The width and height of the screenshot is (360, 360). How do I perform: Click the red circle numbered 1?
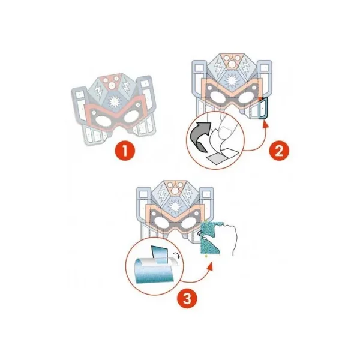point(125,151)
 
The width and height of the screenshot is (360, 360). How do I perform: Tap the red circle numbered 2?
point(279,151)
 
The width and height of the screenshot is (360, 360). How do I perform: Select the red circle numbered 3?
point(187,299)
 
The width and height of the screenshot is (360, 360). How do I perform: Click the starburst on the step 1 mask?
point(114,102)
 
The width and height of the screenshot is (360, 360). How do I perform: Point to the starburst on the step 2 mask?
point(232,80)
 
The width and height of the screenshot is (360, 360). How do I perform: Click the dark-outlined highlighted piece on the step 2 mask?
point(263,108)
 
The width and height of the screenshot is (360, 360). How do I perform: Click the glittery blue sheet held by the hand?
point(211,238)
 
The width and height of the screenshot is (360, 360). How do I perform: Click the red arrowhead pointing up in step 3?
point(209,267)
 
